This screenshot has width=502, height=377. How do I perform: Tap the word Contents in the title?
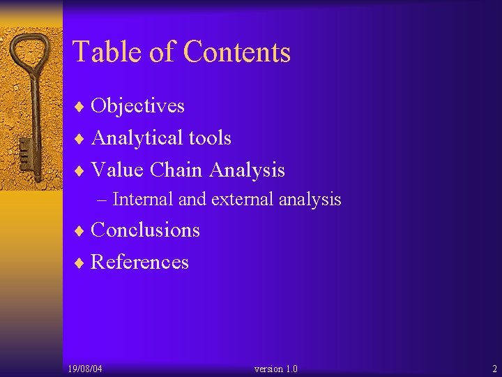tap(236, 52)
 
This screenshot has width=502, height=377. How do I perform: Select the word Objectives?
tap(137, 106)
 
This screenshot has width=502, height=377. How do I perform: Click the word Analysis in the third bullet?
tap(247, 170)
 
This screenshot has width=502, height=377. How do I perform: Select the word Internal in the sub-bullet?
tap(143, 200)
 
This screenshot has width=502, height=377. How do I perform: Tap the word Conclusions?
tap(145, 230)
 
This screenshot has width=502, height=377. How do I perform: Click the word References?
tap(139, 263)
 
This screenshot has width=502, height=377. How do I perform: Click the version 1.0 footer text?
tap(276, 369)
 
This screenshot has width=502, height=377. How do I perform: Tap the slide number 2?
tap(494, 369)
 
